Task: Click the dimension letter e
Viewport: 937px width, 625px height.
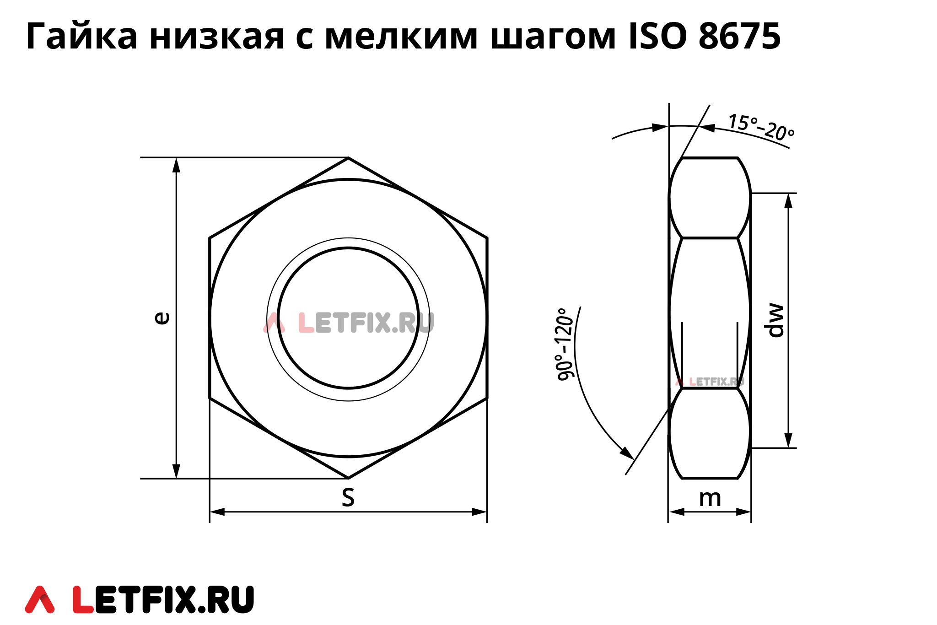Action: coord(162,318)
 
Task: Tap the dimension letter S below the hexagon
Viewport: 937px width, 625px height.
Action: coord(348,497)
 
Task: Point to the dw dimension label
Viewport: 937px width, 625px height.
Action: coord(776,320)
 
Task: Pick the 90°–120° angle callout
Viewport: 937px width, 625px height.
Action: coord(565,344)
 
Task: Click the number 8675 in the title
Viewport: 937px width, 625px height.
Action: coord(739,36)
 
